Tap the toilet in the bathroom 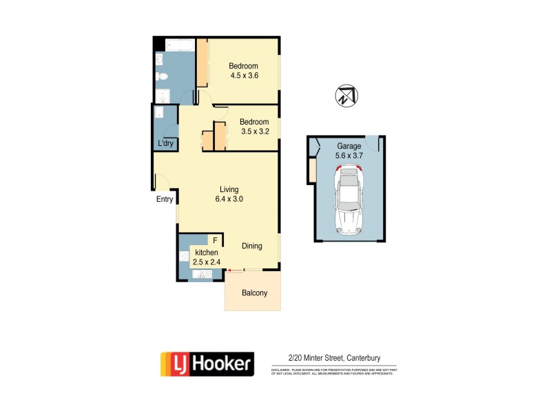pos(160,76)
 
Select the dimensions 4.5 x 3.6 pos(243,76)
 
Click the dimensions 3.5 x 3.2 pos(254,131)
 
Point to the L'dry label pos(165,143)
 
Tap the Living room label pos(229,189)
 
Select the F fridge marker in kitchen pos(215,241)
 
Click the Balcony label pos(254,293)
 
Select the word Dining pos(255,246)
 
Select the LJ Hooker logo pos(207,363)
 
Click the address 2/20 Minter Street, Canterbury pos(333,357)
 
